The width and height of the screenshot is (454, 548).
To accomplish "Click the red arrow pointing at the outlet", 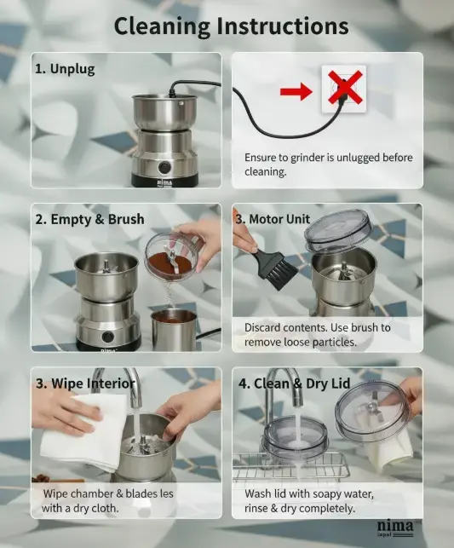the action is pyautogui.click(x=296, y=91).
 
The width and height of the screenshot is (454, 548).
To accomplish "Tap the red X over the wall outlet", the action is pyautogui.click(x=345, y=87).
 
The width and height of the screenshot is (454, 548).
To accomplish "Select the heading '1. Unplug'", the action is pyautogui.click(x=65, y=69).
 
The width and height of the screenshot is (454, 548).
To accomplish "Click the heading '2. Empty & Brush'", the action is pyautogui.click(x=89, y=220).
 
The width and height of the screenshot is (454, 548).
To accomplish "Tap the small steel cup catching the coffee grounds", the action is pyautogui.click(x=174, y=330).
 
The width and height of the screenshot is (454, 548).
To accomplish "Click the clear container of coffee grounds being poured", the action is pyautogui.click(x=172, y=256).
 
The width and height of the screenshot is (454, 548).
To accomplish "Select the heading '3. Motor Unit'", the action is pyautogui.click(x=273, y=219).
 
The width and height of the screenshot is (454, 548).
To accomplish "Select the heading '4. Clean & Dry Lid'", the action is pyautogui.click(x=294, y=384).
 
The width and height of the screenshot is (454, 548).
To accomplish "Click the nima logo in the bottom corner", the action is pyautogui.click(x=394, y=528).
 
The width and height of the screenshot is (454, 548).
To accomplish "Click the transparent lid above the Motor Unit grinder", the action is pyautogui.click(x=338, y=230).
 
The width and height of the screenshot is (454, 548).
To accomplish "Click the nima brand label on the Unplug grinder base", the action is pyautogui.click(x=164, y=183).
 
